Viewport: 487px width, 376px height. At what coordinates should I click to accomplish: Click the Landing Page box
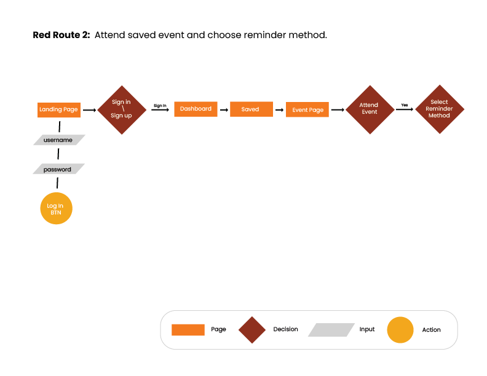59,109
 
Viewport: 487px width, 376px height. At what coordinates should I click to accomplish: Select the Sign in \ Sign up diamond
121,109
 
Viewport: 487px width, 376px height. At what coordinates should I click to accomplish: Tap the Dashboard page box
196,109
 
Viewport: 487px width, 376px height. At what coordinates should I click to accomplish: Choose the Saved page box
251,109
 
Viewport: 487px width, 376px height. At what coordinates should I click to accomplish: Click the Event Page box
307,110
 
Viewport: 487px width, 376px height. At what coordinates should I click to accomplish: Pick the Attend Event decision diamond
369,109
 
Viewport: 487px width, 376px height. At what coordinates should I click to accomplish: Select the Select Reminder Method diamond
439,109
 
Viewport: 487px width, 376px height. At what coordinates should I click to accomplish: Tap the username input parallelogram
58,140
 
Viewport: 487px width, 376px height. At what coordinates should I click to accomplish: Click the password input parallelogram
58,169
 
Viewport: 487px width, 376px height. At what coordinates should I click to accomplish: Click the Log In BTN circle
56,208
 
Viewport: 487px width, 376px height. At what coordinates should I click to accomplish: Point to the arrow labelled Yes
404,110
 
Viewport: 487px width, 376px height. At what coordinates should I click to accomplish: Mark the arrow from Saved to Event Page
279,111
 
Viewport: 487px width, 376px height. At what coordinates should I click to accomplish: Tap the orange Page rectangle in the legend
188,330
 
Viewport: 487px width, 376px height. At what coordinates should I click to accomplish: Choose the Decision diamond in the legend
252,330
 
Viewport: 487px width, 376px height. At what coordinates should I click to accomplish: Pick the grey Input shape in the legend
331,330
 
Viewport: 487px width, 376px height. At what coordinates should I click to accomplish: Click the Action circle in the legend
400,330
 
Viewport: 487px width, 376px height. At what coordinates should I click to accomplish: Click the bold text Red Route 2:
61,35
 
